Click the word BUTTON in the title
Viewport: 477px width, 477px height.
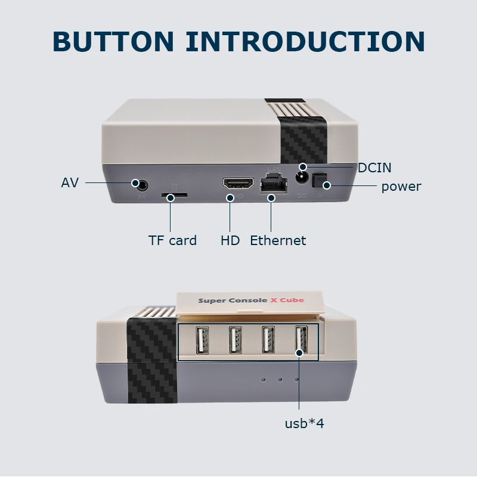tap(113, 41)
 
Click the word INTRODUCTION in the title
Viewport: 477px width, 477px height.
tap(305, 41)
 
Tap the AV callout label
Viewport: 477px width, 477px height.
tap(70, 182)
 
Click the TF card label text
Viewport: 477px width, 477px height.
tap(172, 241)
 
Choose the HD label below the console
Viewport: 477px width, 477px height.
tap(230, 241)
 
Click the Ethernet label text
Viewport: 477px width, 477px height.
tap(278, 241)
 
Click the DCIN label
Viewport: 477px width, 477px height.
tap(374, 168)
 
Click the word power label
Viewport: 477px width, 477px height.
tap(401, 187)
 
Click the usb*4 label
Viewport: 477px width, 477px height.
tap(304, 424)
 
